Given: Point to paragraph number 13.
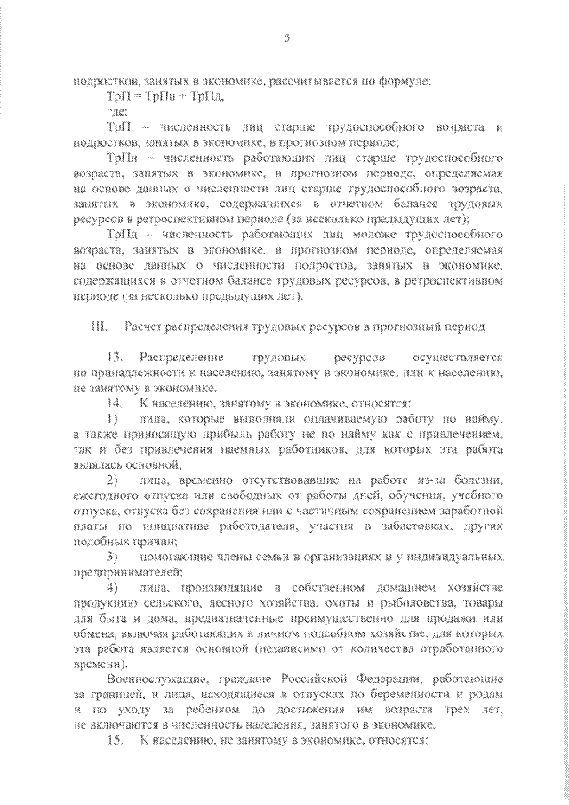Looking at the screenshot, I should (x=115, y=357).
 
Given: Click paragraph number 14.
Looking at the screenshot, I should (x=115, y=401).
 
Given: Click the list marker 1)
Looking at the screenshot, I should (x=112, y=417).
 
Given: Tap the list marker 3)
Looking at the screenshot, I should (x=112, y=557).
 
